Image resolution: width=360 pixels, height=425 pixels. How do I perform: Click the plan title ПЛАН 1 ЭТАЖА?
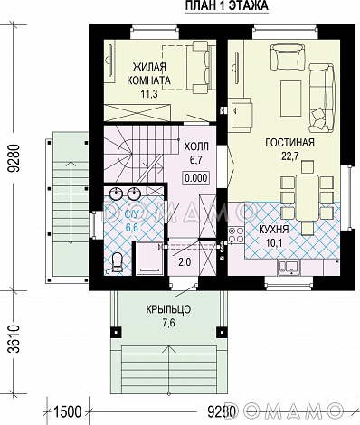[x=226, y=5]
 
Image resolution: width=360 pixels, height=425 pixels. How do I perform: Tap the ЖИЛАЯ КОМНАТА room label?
[x=148, y=73]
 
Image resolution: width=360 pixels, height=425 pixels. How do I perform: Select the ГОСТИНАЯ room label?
[x=289, y=142]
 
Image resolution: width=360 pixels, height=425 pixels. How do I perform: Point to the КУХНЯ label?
[x=274, y=230]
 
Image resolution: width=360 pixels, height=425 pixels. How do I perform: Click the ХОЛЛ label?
[x=196, y=146]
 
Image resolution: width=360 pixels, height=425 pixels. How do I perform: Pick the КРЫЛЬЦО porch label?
[x=168, y=309]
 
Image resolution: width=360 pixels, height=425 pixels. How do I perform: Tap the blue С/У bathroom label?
[x=132, y=214]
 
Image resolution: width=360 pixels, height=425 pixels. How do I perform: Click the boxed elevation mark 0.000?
[x=196, y=178]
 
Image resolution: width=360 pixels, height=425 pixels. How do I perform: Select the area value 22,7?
[x=290, y=156]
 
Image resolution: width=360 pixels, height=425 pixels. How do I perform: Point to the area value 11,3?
[x=149, y=94]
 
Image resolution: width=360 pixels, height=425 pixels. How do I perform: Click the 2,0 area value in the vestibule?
[x=185, y=262]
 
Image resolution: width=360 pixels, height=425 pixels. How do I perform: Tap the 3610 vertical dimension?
[x=14, y=339]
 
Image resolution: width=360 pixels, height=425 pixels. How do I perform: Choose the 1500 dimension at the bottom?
[x=68, y=411]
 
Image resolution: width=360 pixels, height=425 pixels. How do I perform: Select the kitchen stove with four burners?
[x=236, y=235]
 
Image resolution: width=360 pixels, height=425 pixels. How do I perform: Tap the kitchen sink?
[x=289, y=268]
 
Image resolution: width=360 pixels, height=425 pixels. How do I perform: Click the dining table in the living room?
[x=308, y=197]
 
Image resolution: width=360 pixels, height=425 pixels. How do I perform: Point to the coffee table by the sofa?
[x=291, y=99]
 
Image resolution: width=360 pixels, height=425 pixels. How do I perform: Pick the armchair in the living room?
[x=286, y=57]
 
